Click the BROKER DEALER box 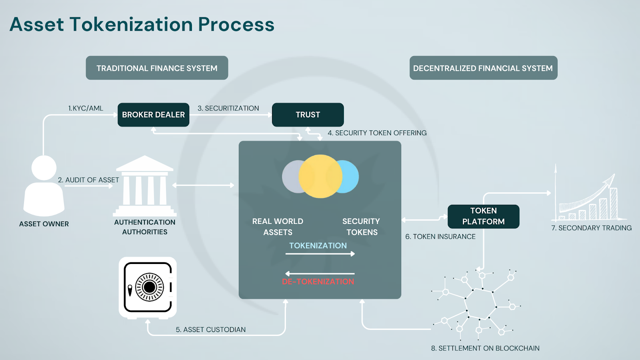pyautogui.click(x=154, y=114)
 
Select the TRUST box pyautogui.click(x=308, y=114)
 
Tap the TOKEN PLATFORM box pyautogui.click(x=484, y=216)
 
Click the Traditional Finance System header pyautogui.click(x=157, y=68)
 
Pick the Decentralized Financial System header pyautogui.click(x=484, y=68)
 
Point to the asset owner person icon pyautogui.click(x=44, y=186)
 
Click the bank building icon pyautogui.click(x=144, y=186)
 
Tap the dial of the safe pyautogui.click(x=149, y=287)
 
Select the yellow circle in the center pyautogui.click(x=320, y=176)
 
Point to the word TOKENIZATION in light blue pyautogui.click(x=318, y=246)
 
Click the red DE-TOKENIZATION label pyautogui.click(x=318, y=282)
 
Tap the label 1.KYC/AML pyautogui.click(x=86, y=108)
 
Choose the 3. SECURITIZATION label pyautogui.click(x=228, y=108)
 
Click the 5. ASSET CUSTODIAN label pyautogui.click(x=210, y=330)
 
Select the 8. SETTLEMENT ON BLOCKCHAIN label pyautogui.click(x=485, y=348)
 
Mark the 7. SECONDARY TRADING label pyautogui.click(x=592, y=228)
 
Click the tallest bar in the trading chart pyautogui.click(x=614, y=204)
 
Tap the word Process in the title pyautogui.click(x=236, y=24)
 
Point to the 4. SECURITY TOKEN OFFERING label pyautogui.click(x=377, y=133)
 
